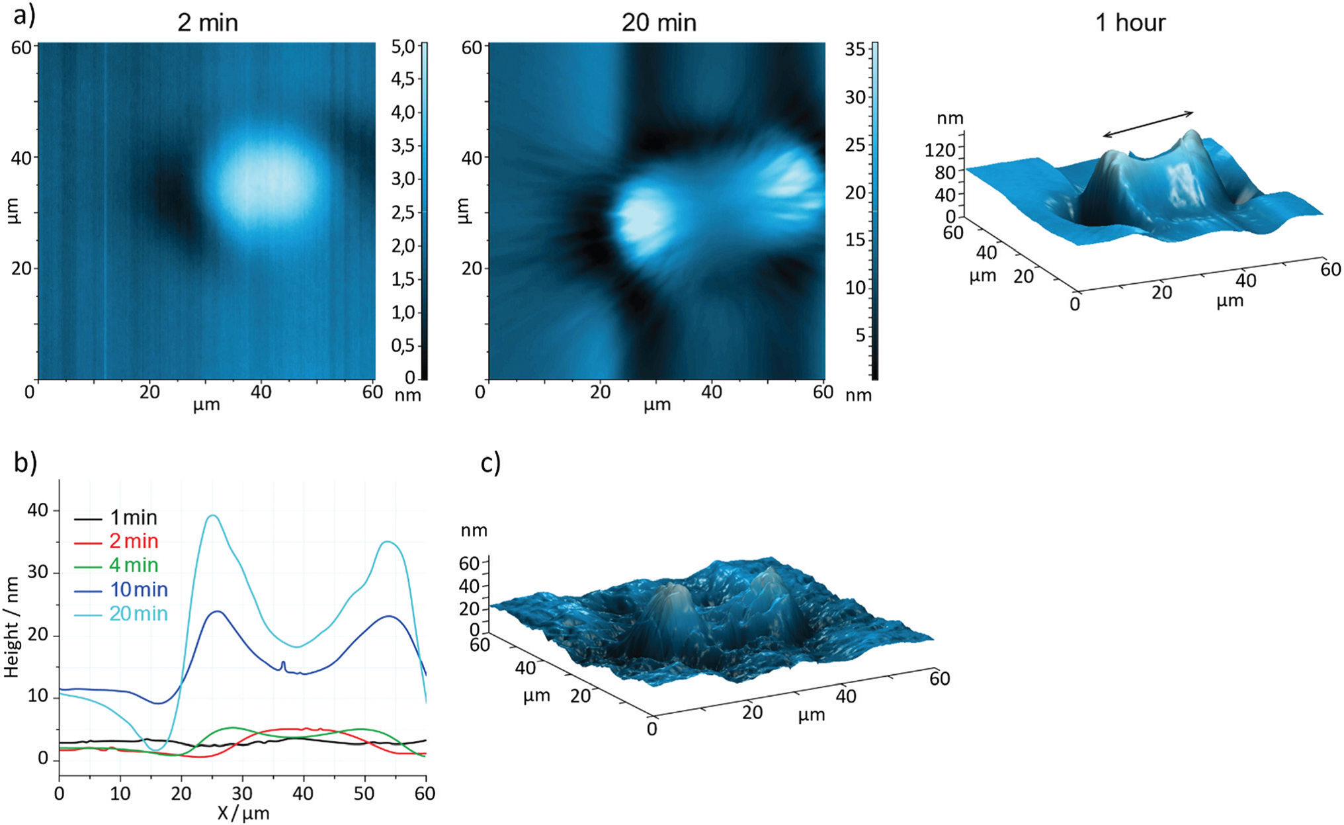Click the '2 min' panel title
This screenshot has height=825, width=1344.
click(x=207, y=23)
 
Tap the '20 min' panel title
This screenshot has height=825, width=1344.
click(x=659, y=23)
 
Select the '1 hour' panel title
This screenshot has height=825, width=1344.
click(x=1130, y=23)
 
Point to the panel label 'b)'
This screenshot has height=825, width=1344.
click(x=25, y=462)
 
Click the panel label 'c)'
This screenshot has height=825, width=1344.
click(x=491, y=463)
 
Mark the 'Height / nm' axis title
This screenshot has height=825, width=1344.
click(x=11, y=626)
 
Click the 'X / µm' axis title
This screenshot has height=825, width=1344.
click(x=243, y=813)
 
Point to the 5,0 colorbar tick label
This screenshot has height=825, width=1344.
click(x=403, y=46)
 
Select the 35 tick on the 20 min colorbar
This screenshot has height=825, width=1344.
click(x=855, y=50)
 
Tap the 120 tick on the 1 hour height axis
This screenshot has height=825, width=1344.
click(x=940, y=150)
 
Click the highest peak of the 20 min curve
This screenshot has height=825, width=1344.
click(x=212, y=515)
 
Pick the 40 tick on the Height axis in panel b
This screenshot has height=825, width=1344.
click(x=38, y=510)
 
